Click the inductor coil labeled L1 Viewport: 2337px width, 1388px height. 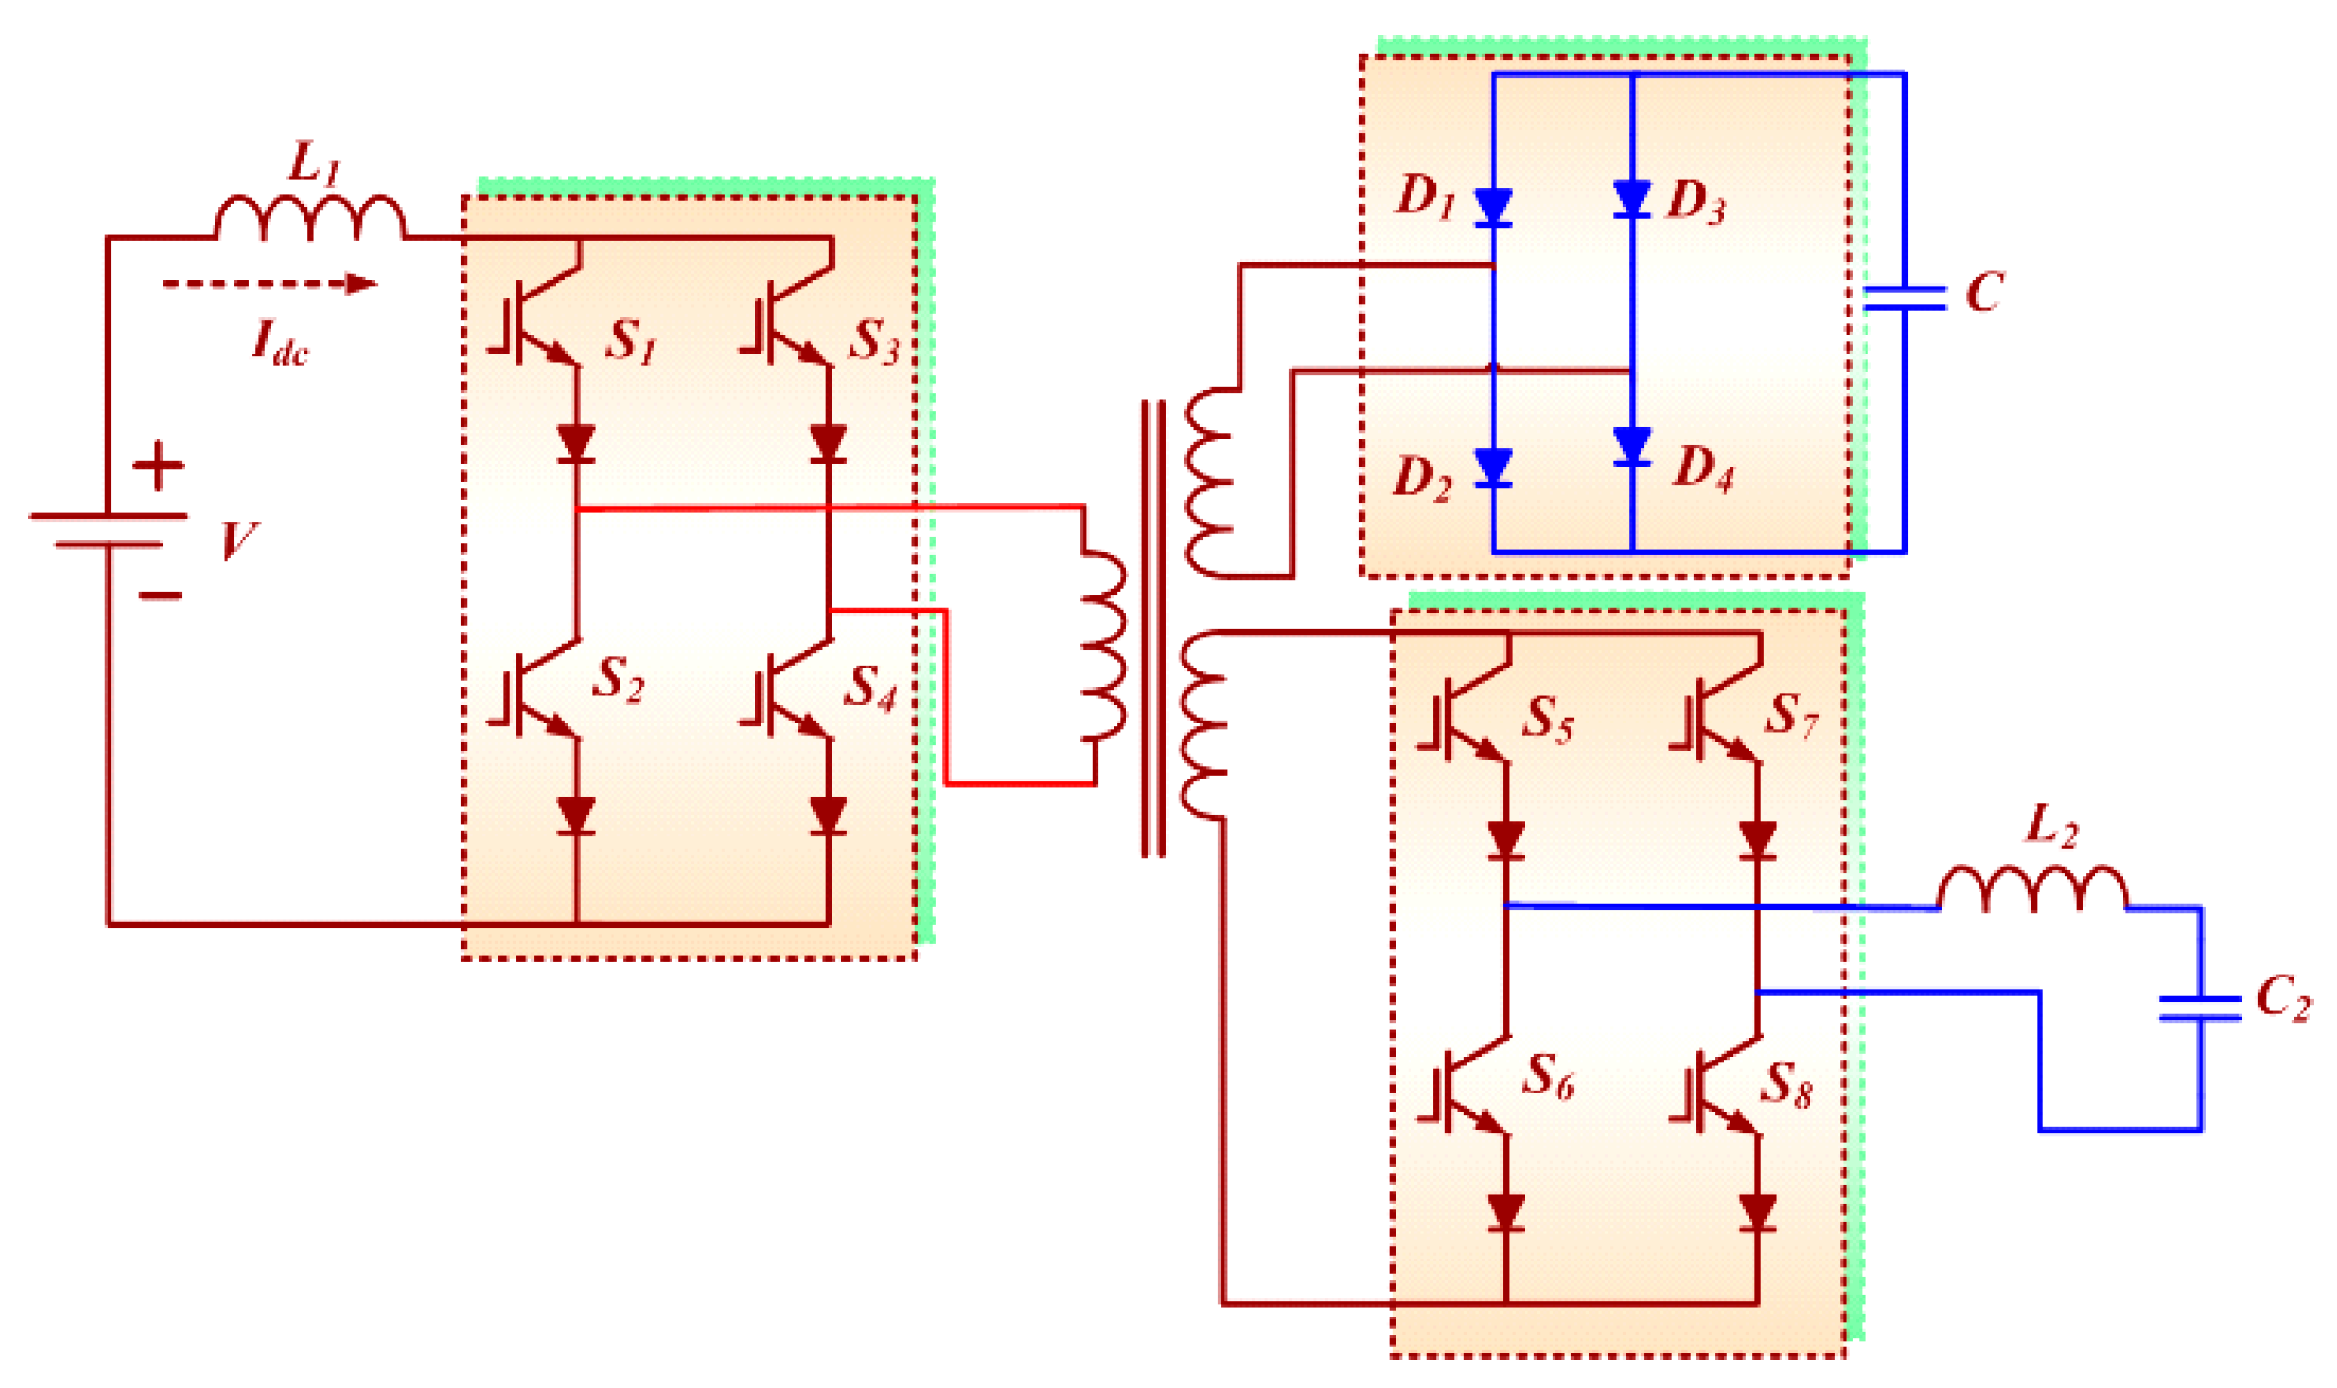click(309, 217)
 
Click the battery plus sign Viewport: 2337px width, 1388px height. click(157, 467)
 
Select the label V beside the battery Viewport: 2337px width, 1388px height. click(238, 540)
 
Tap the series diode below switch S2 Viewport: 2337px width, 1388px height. click(577, 814)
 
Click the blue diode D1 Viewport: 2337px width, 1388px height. click(1493, 207)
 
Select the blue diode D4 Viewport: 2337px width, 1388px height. click(1631, 446)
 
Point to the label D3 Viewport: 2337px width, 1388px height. click(1696, 201)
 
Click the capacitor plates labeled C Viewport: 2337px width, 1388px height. click(1903, 298)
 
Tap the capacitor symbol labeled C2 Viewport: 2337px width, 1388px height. click(2200, 1007)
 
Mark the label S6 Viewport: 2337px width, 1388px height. click(1548, 1077)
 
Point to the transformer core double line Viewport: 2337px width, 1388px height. click(1153, 628)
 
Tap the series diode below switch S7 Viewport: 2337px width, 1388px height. click(1756, 839)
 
